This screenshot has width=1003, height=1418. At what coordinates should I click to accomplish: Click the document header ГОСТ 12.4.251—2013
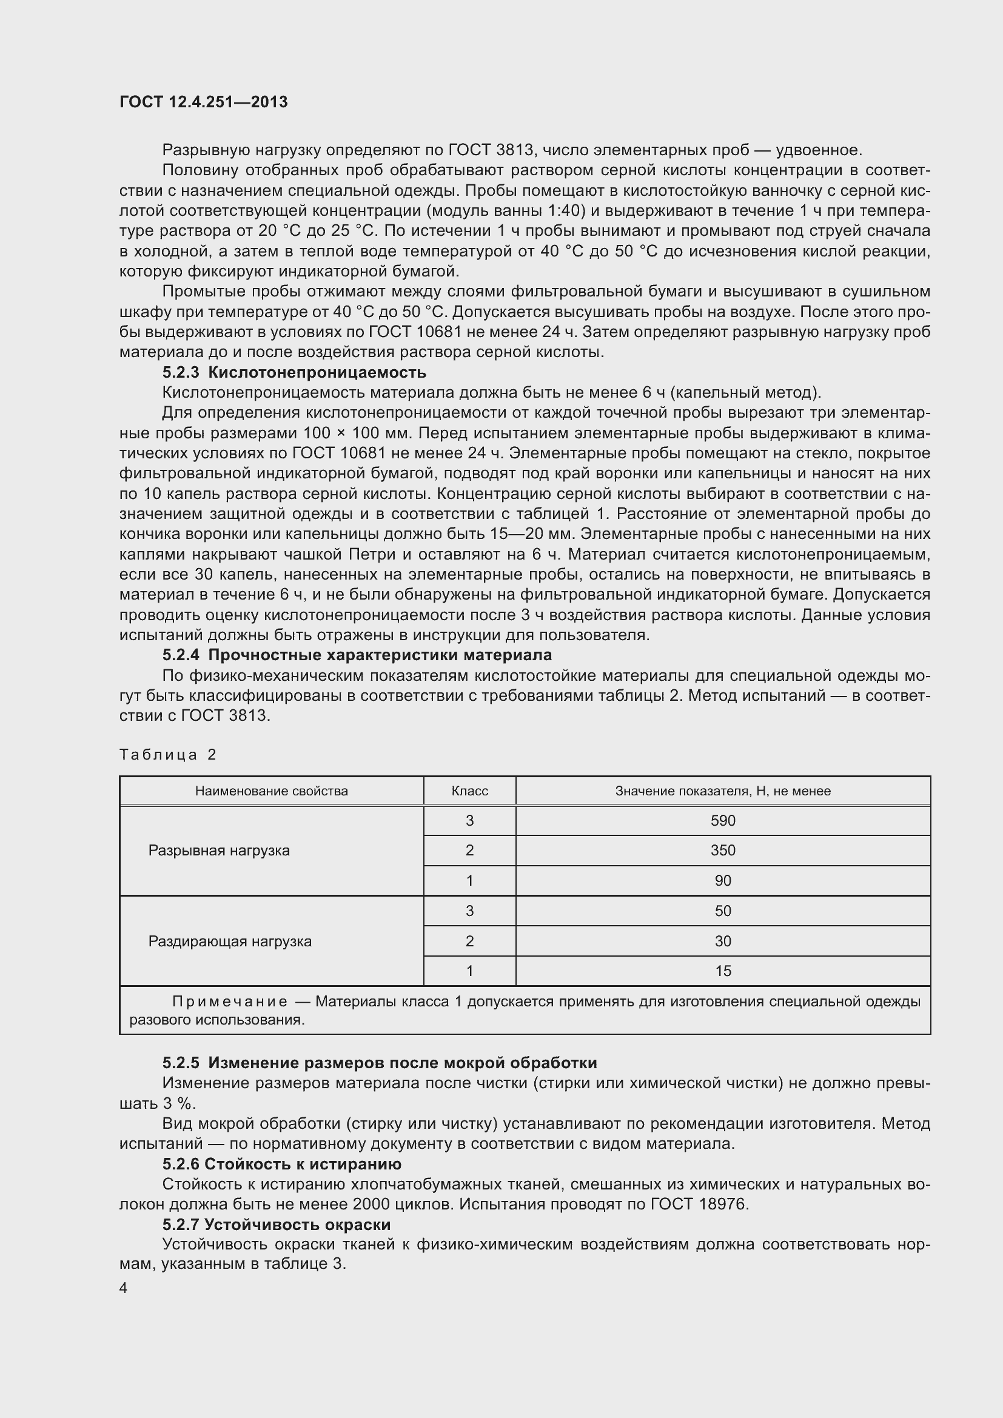203,102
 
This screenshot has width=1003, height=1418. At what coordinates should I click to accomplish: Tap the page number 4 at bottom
124,1288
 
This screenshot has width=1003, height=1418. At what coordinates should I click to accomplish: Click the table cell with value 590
723,821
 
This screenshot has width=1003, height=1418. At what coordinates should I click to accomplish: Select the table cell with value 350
723,851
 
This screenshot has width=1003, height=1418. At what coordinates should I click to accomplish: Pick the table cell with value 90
723,881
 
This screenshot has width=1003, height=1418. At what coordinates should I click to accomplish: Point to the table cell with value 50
723,911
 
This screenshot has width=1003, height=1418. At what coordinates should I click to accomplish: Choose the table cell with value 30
723,941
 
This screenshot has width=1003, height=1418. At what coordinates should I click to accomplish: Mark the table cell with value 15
723,971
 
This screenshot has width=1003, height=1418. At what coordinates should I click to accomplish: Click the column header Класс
469,791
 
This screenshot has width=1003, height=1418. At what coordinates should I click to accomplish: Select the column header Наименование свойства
271,791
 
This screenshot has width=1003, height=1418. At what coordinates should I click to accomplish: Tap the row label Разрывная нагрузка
219,851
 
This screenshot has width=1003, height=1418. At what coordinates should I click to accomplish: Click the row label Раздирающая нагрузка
230,941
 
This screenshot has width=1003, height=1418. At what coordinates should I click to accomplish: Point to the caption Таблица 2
167,755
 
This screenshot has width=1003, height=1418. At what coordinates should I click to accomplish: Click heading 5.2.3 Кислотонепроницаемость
294,372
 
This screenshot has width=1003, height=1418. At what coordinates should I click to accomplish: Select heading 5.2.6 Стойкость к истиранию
281,1164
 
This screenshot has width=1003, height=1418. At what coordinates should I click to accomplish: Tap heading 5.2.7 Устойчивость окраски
276,1225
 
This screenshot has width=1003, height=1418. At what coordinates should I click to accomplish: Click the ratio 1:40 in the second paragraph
566,210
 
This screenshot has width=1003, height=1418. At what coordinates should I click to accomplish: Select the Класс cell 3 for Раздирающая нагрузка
469,911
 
